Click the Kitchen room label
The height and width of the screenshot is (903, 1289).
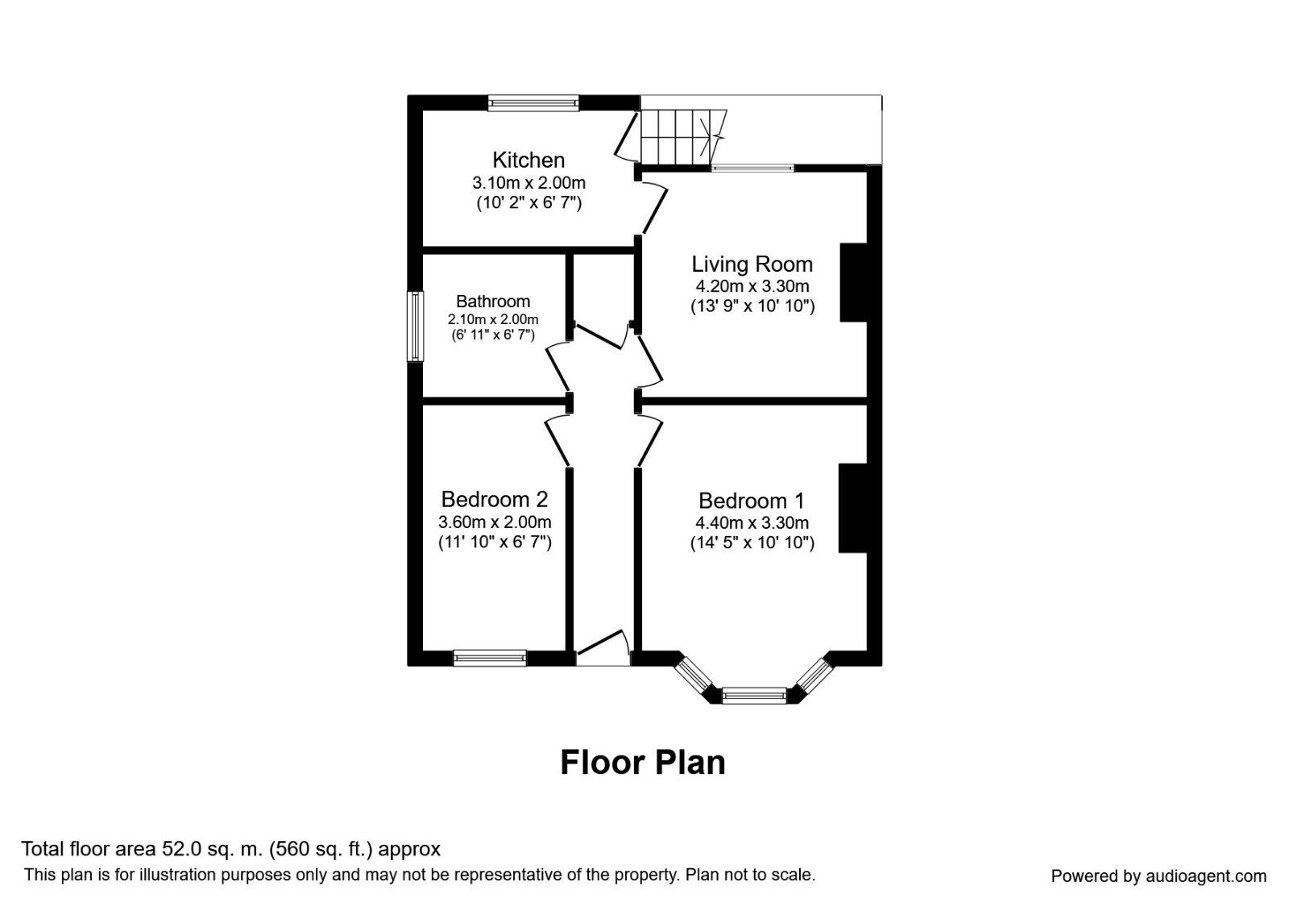tap(528, 160)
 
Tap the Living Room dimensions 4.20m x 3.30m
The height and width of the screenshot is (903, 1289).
tap(752, 286)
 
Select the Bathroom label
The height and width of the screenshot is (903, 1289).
tap(493, 302)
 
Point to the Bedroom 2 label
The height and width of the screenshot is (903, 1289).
tap(494, 499)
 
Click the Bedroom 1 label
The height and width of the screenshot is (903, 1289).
tap(751, 501)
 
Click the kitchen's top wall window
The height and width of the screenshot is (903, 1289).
tap(533, 102)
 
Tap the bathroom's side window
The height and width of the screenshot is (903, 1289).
tap(415, 326)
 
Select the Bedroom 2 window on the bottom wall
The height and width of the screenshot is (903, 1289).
tap(490, 658)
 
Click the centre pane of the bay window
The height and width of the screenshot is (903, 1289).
tap(754, 694)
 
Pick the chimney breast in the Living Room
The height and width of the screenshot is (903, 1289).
tap(853, 282)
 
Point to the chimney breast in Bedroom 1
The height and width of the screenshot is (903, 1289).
tap(852, 508)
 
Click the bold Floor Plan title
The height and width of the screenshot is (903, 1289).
tap(642, 763)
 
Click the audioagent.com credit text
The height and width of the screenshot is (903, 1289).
tap(1158, 876)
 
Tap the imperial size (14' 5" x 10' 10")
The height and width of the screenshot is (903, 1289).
tap(752, 543)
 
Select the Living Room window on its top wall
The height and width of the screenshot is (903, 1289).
tap(752, 169)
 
